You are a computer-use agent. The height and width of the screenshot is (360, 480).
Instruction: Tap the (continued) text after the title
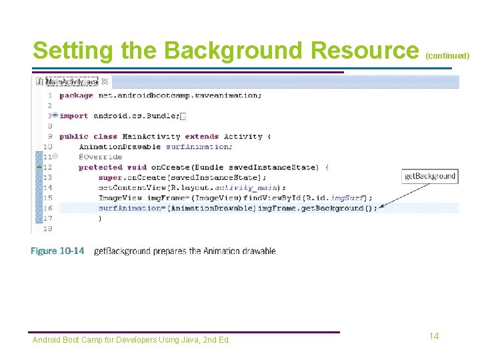tap(447, 56)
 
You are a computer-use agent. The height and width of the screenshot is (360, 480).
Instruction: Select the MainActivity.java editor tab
tap(71, 81)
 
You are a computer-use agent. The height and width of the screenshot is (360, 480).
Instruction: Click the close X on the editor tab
tap(105, 81)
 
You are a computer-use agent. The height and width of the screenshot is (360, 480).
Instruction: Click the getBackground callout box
tap(430, 176)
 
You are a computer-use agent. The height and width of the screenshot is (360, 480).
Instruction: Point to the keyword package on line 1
tap(76, 95)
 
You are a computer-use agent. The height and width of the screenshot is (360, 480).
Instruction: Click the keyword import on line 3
tap(73, 116)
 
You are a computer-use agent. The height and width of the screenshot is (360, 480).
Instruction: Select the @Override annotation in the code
tap(101, 157)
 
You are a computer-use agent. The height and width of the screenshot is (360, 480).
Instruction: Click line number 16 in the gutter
tap(47, 208)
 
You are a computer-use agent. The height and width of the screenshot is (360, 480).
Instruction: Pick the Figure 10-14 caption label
tap(57, 251)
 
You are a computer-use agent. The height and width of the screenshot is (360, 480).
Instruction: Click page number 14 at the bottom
tap(434, 336)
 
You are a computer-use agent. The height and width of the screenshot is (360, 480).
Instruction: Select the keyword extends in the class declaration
tap(201, 136)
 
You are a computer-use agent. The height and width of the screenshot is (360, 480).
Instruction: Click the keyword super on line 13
tap(110, 177)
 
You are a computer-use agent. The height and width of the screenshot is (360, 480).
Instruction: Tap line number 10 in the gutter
tap(47, 147)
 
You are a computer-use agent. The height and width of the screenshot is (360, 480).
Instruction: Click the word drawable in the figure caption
tap(259, 251)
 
